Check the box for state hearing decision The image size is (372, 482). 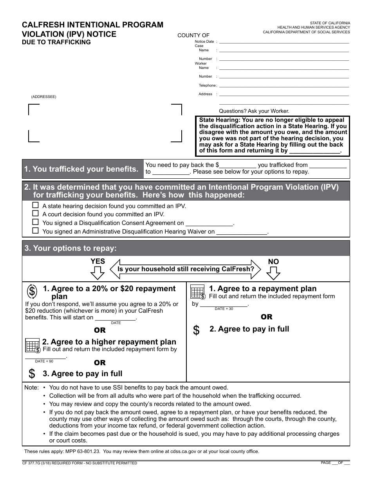[x=36, y=205]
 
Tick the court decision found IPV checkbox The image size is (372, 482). [x=36, y=214]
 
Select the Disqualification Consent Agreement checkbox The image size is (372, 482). [x=36, y=222]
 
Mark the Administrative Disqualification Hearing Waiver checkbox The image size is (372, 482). [x=36, y=231]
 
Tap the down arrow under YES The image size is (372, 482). [x=98, y=272]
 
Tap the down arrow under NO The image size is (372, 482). [x=273, y=272]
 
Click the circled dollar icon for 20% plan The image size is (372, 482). [x=32, y=291]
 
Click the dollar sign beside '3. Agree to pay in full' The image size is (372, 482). [x=32, y=374]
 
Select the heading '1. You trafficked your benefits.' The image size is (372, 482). [x=81, y=169]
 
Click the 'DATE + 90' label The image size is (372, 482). [x=44, y=361]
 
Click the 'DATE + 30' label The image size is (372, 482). [x=224, y=309]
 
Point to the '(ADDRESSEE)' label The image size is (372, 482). [x=43, y=97]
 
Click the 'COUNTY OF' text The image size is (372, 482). [x=193, y=36]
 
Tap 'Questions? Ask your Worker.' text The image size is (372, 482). [x=254, y=111]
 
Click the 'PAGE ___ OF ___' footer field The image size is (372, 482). [x=335, y=463]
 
